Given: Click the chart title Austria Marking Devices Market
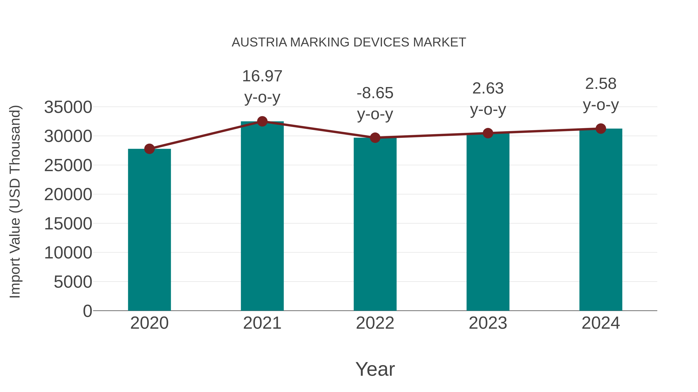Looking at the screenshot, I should (349, 42).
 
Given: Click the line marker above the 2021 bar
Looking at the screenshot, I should (262, 121).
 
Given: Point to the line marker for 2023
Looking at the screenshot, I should (488, 133).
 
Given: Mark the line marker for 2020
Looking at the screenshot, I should (149, 149).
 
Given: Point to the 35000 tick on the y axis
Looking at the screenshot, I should (68, 107).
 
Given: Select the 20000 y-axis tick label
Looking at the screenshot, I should (68, 195).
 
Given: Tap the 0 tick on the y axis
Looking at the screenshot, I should (87, 311).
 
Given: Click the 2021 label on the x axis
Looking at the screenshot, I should (262, 323).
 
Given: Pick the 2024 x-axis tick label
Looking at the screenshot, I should (601, 323).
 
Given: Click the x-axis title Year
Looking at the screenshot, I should (375, 369).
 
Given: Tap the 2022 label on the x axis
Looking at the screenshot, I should (375, 323).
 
